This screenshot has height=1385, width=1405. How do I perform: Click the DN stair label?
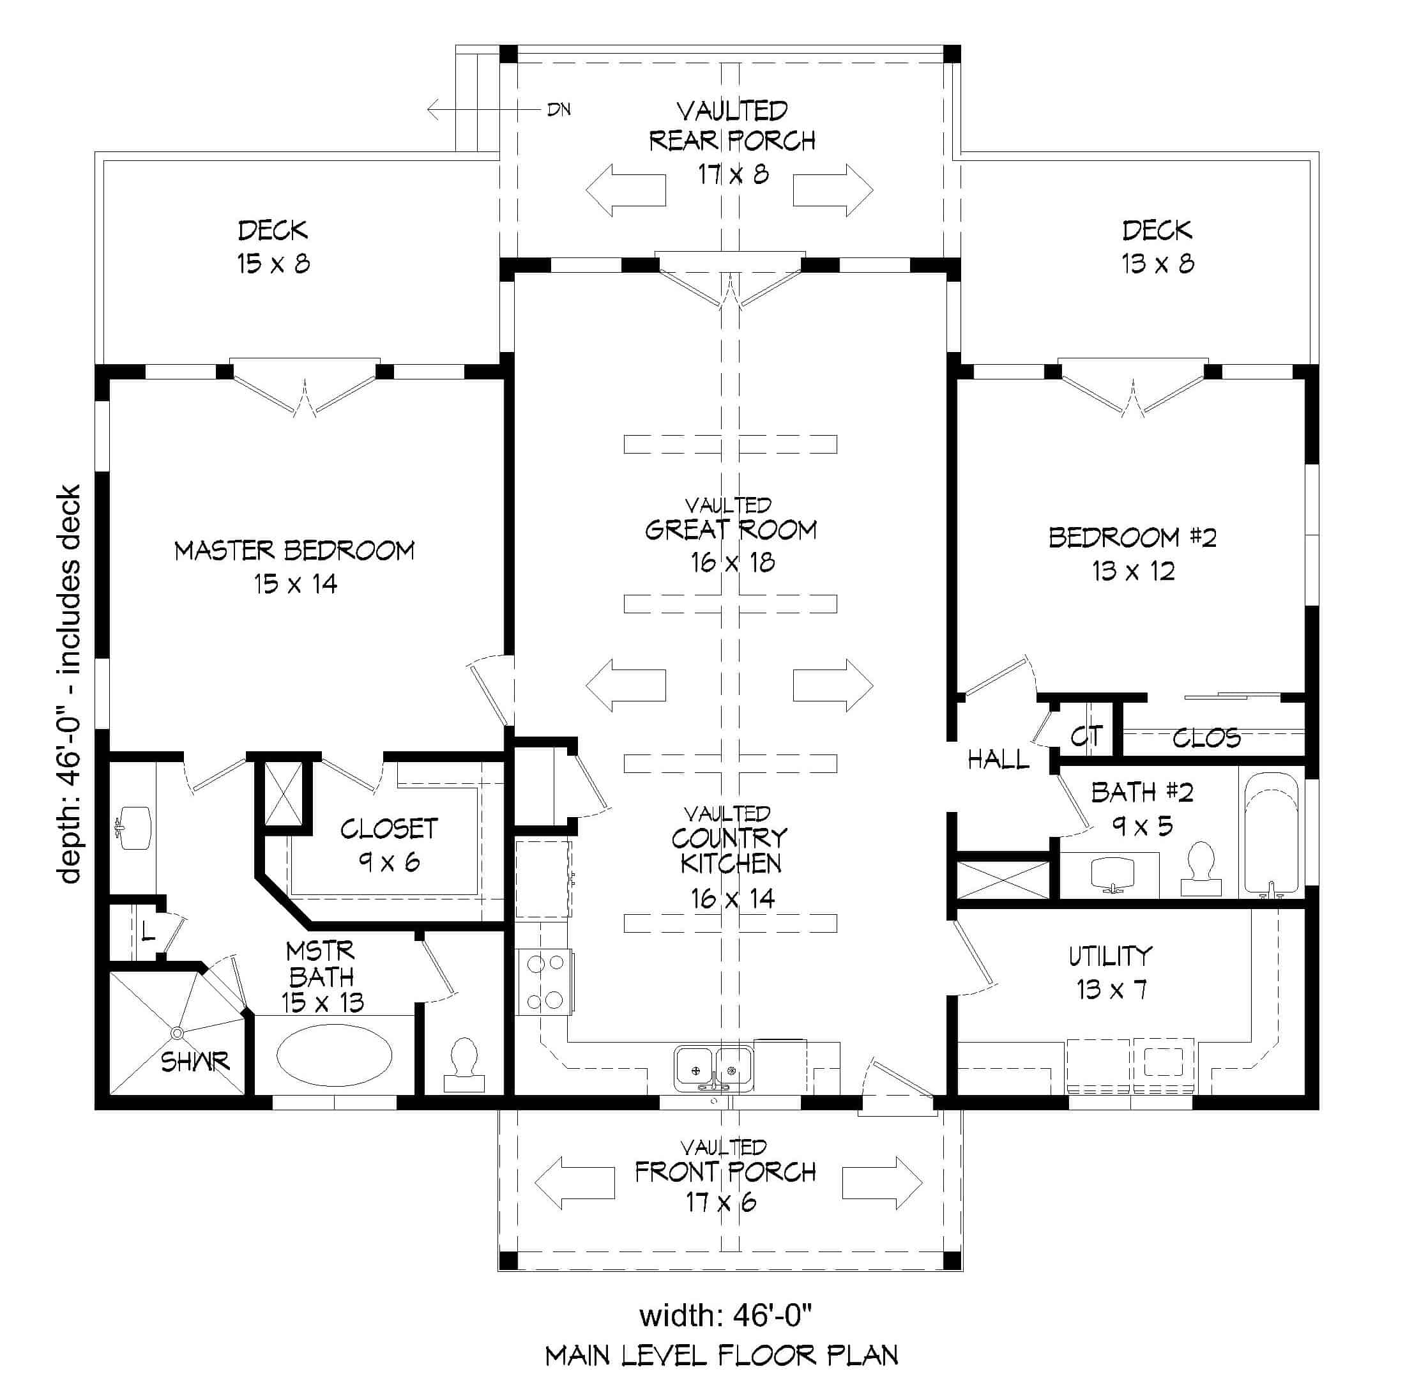pyautogui.click(x=559, y=110)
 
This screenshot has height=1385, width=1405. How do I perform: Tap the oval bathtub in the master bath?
pyautogui.click(x=334, y=1054)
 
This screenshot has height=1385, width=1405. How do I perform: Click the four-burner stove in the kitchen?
pyautogui.click(x=545, y=983)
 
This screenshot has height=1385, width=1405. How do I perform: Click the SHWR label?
pyautogui.click(x=195, y=1062)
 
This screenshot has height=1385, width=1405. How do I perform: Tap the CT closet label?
pyautogui.click(x=1086, y=737)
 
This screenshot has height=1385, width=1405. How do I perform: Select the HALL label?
pyautogui.click(x=998, y=760)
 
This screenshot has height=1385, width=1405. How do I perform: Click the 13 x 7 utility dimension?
pyautogui.click(x=1111, y=990)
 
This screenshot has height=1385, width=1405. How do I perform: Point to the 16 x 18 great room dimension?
pyautogui.click(x=733, y=562)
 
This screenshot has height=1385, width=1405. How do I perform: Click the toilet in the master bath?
pyautogui.click(x=464, y=1065)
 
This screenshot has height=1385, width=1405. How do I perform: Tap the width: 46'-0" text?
pyautogui.click(x=725, y=1315)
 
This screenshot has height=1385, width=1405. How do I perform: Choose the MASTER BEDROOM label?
pyautogui.click(x=294, y=551)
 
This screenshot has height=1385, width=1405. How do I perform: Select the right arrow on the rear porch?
pyautogui.click(x=833, y=190)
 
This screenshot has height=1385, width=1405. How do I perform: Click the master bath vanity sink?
pyautogui.click(x=134, y=828)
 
